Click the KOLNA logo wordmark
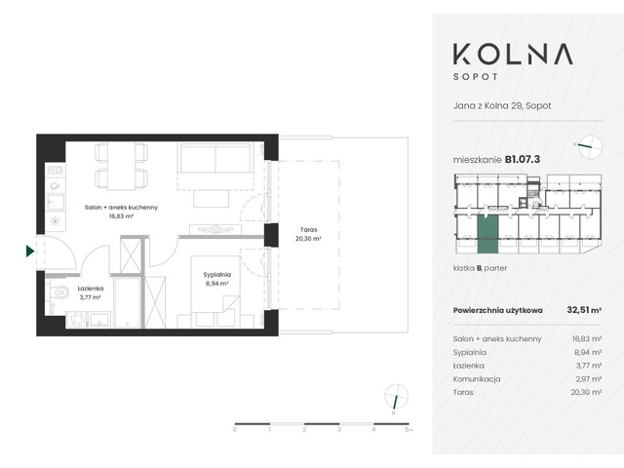(518, 56)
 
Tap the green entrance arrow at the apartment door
(30, 252)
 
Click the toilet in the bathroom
(59, 292)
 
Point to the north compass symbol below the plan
(395, 397)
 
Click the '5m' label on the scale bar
(409, 429)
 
